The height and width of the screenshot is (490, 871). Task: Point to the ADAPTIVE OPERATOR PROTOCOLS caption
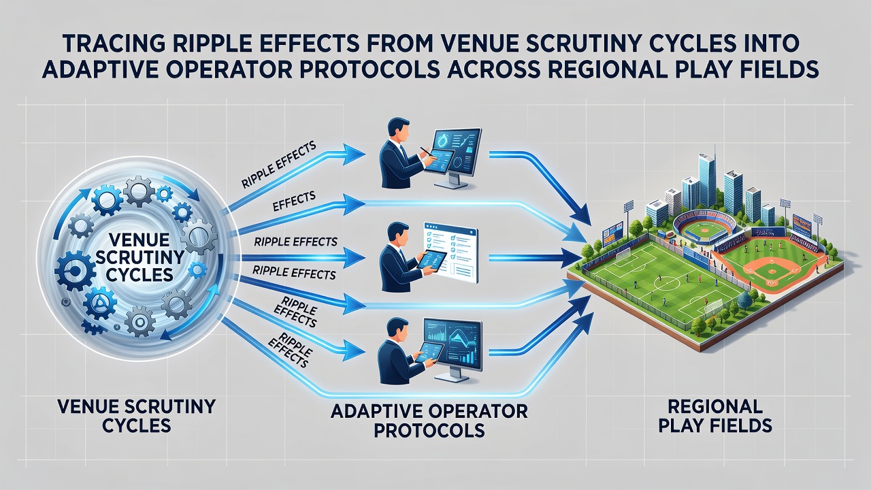click(429, 421)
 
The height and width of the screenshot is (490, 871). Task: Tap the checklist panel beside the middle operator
click(451, 252)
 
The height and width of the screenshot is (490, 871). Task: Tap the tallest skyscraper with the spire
click(707, 177)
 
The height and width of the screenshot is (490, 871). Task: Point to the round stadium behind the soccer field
click(704, 231)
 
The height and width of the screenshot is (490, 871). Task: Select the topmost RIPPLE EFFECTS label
click(278, 165)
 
